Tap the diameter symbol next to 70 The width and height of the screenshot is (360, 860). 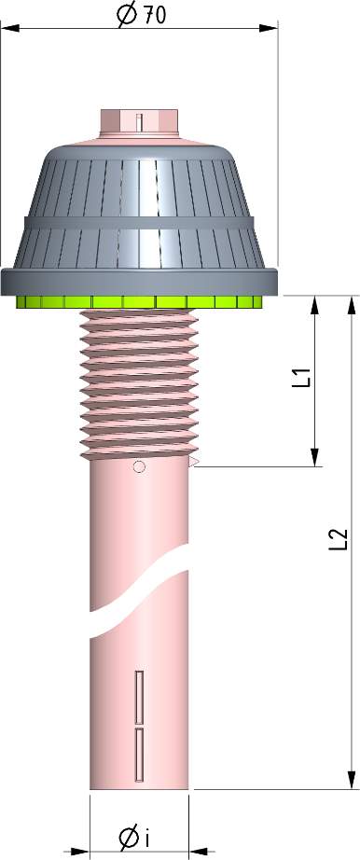(x=124, y=16)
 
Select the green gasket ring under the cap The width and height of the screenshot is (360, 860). (x=140, y=301)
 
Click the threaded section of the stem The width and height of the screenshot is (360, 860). (x=140, y=382)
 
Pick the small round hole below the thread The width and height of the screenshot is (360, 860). (x=139, y=467)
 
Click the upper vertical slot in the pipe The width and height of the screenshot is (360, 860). (x=139, y=696)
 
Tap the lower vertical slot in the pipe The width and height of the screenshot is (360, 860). (x=139, y=754)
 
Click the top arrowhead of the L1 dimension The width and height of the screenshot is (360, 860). (x=315, y=303)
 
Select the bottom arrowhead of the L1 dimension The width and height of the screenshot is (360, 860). (x=315, y=458)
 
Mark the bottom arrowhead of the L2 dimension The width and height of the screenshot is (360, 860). (x=352, y=781)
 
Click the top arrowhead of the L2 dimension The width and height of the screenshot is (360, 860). (x=352, y=304)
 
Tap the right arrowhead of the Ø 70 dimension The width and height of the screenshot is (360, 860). (x=270, y=28)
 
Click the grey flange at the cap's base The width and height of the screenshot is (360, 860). (x=140, y=280)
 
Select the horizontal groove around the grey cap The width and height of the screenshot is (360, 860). (x=140, y=223)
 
